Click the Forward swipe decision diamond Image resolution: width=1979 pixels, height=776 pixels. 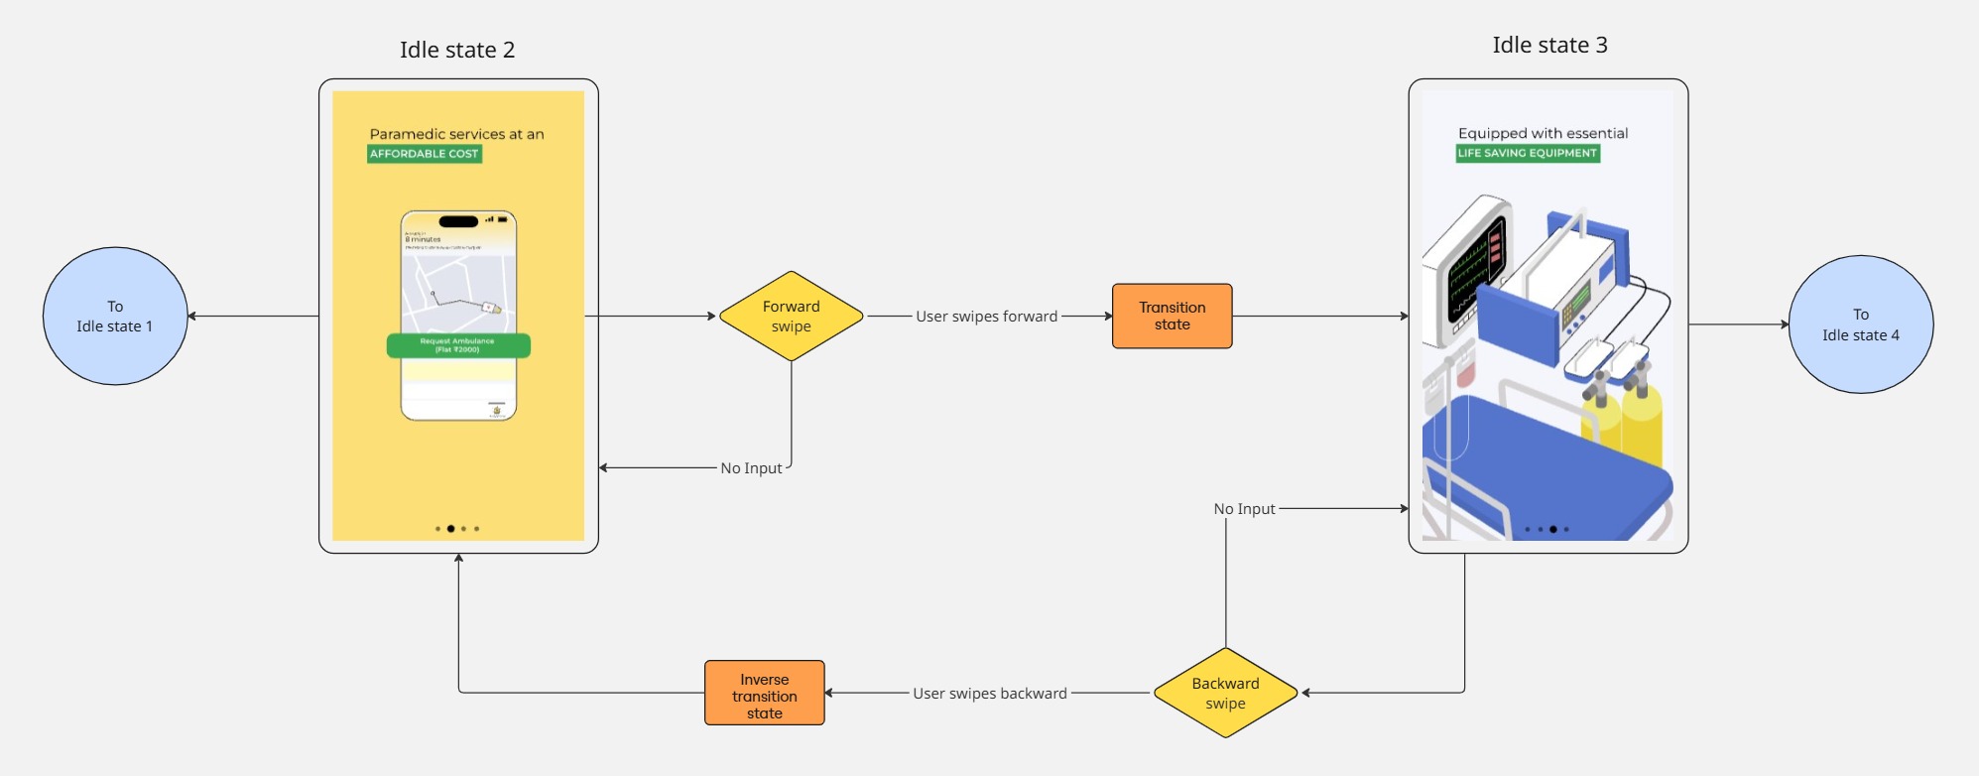coord(791,317)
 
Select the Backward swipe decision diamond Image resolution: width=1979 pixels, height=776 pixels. coord(1225,693)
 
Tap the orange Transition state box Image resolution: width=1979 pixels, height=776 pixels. coord(1172,317)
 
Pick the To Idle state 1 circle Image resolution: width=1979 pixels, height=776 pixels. coord(115,317)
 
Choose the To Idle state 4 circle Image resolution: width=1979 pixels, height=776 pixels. coord(1860,324)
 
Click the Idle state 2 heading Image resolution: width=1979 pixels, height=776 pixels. coord(457,50)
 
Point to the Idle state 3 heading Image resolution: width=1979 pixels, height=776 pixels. coord(1549,45)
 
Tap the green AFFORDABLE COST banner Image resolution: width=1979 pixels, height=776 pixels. coord(425,154)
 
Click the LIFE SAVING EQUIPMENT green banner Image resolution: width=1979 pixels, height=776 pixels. coord(1528,153)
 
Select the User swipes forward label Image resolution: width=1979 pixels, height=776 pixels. coord(986,317)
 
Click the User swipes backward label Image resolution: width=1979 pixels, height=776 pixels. coord(990,694)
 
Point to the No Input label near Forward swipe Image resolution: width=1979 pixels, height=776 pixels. coord(751,468)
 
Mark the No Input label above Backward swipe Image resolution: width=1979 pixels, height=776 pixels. coord(1244,509)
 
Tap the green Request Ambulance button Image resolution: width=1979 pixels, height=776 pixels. coord(457,345)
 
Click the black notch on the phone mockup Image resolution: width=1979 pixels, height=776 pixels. coord(458,221)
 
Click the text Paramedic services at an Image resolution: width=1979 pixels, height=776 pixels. coord(456,134)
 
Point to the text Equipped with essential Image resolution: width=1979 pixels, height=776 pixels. coord(1543,133)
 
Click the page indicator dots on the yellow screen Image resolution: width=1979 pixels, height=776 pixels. coord(457,529)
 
